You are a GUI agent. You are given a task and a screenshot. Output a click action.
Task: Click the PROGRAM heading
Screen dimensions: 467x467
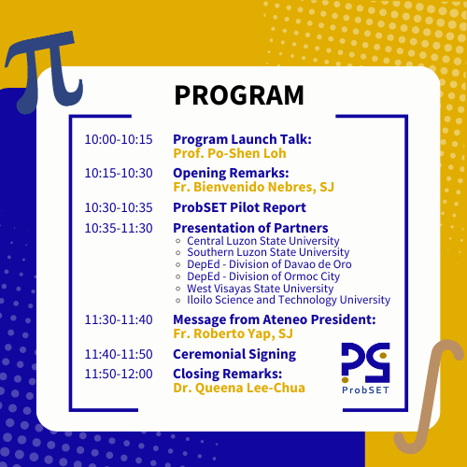238,95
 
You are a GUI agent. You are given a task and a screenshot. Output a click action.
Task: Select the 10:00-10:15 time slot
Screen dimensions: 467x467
118,139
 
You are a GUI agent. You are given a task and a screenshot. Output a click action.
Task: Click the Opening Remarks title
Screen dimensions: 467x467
231,173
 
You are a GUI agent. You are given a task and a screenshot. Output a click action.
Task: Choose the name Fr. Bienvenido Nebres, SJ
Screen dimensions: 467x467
253,187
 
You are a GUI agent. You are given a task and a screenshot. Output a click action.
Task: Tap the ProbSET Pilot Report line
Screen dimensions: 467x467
239,207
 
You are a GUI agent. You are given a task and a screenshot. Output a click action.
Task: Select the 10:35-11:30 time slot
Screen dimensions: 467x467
118,228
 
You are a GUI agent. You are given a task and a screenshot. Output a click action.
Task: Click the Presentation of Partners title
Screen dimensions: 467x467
250,228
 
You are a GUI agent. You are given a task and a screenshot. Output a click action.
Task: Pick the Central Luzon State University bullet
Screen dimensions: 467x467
263,241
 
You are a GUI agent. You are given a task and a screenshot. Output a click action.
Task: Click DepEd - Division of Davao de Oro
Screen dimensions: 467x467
269,264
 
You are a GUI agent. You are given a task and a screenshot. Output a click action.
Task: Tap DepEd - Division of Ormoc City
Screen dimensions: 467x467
263,276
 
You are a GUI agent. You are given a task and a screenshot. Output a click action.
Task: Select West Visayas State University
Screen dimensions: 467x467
260,289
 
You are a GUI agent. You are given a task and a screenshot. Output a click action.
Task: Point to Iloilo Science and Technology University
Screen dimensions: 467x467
288,300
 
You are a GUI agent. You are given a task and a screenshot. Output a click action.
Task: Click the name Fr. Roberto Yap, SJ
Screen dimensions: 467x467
233,333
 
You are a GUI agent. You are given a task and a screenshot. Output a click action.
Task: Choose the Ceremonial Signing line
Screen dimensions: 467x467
234,354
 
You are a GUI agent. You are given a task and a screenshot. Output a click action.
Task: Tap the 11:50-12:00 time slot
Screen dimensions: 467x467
118,374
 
